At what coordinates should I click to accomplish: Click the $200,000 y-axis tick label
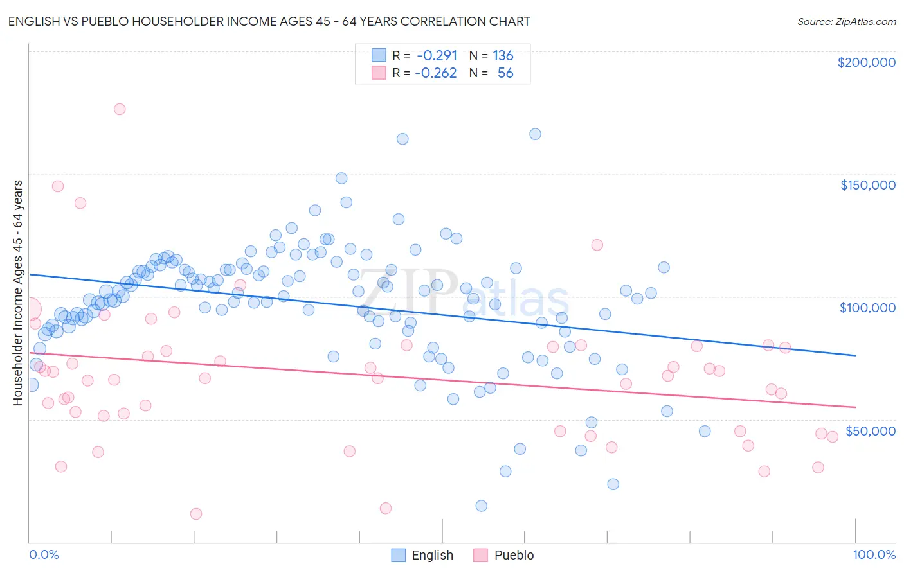[866, 62]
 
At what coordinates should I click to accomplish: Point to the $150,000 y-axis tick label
[867, 185]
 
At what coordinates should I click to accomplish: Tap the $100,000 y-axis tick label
[867, 308]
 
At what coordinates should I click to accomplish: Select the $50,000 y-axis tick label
[870, 430]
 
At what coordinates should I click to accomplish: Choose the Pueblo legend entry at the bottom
[503, 555]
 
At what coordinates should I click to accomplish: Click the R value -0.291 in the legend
[437, 55]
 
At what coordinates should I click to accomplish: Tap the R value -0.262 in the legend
[435, 73]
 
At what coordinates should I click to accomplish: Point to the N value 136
[503, 55]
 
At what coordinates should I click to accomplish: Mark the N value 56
[505, 73]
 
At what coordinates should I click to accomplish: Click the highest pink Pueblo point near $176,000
[120, 109]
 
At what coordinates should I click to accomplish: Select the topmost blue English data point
[535, 134]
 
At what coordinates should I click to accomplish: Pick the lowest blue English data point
[481, 506]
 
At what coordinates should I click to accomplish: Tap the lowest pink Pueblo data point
[196, 514]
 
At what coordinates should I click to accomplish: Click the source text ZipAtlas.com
[846, 22]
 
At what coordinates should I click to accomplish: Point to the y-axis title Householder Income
[17, 292]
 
